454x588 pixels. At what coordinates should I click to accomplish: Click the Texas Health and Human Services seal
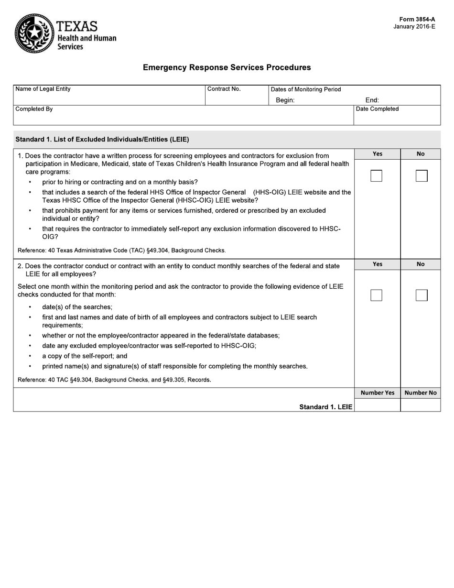[34, 33]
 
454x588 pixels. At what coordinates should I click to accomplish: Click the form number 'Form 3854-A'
[417, 20]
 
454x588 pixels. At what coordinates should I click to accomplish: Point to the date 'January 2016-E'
[414, 27]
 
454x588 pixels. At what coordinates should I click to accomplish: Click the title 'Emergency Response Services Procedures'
[227, 67]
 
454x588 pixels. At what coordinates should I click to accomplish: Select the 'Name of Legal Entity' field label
[43, 89]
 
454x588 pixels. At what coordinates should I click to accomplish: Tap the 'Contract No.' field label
[224, 89]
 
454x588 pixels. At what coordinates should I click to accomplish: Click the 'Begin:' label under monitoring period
[285, 100]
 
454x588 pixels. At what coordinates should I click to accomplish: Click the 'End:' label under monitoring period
[372, 100]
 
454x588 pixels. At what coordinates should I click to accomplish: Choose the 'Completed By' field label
[34, 109]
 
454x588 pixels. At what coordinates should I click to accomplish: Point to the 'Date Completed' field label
[377, 109]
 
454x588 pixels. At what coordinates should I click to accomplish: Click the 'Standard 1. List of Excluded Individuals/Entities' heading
[102, 140]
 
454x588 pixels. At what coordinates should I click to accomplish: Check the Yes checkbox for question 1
[376, 176]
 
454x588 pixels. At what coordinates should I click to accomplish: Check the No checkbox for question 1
[421, 176]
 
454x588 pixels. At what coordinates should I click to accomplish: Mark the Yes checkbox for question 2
[376, 295]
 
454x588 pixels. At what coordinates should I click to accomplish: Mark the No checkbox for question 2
[421, 295]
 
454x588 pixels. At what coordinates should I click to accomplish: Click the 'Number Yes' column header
[378, 393]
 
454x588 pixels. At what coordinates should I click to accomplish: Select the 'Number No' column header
[421, 393]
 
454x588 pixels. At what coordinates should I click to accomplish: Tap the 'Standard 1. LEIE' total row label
[325, 407]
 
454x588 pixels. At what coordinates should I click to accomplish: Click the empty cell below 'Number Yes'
[378, 405]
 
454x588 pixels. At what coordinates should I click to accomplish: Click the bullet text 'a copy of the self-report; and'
[85, 356]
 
